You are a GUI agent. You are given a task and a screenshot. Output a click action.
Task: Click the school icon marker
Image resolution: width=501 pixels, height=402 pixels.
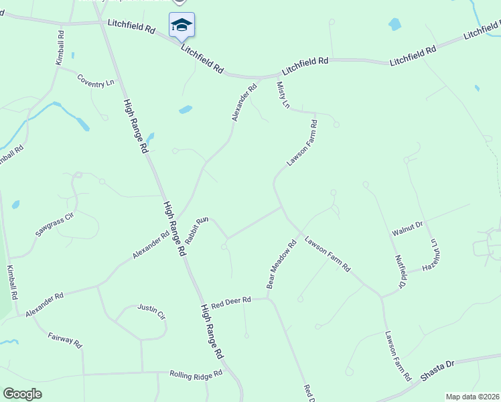pyautogui.click(x=182, y=25)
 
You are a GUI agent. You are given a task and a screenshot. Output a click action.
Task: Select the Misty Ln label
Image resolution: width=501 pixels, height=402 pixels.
pyautogui.click(x=283, y=96)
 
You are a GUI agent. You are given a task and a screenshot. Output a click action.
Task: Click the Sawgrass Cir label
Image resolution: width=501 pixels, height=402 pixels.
pyautogui.click(x=54, y=226)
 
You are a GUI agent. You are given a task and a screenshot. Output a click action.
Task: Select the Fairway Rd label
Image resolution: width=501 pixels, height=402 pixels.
pyautogui.click(x=65, y=339)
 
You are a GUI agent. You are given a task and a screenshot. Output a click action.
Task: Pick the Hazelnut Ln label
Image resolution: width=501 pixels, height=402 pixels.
pyautogui.click(x=436, y=258)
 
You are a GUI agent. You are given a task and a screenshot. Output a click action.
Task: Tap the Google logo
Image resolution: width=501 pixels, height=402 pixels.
pyautogui.click(x=23, y=394)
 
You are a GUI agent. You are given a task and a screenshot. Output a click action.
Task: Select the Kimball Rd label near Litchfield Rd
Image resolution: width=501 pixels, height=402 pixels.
pyautogui.click(x=60, y=48)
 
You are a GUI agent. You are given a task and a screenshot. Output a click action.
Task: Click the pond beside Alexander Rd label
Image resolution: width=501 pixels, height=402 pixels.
pyautogui.click(x=186, y=109)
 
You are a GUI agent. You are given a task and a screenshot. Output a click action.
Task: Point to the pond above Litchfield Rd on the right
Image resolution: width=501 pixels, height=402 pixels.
pyautogui.click(x=395, y=25)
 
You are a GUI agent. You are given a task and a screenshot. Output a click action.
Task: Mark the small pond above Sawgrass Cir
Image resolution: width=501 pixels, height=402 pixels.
pyautogui.click(x=15, y=204)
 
